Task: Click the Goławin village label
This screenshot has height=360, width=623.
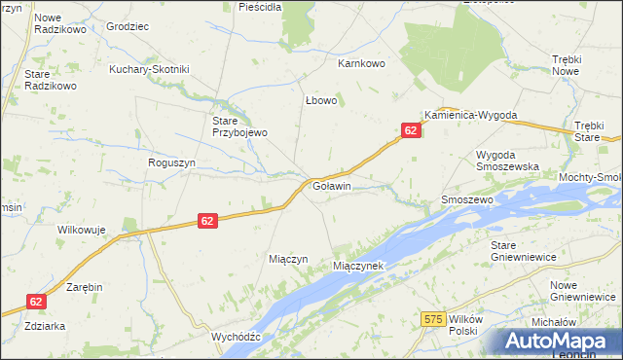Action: (x=331, y=185)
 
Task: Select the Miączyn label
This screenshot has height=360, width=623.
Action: (x=288, y=259)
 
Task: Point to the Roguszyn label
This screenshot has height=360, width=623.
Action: (x=171, y=163)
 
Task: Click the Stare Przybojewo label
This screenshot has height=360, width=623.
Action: (x=239, y=126)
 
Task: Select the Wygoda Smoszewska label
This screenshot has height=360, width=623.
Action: (x=507, y=161)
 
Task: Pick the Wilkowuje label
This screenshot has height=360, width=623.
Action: (x=81, y=230)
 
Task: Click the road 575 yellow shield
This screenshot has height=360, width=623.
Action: (x=434, y=318)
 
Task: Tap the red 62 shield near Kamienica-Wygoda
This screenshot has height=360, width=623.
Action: (x=411, y=130)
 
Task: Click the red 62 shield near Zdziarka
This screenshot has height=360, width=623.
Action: (x=36, y=303)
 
